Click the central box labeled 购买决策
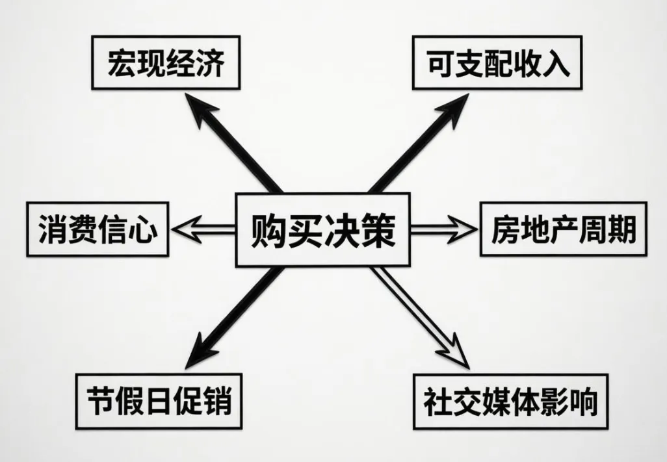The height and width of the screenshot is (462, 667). coord(323,229)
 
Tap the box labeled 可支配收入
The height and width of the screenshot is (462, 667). coord(497,64)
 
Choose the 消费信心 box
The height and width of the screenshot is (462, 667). coord(97,230)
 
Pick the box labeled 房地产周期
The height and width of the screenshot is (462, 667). coord(564,230)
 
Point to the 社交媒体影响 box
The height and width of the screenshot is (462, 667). coord(510,401)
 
